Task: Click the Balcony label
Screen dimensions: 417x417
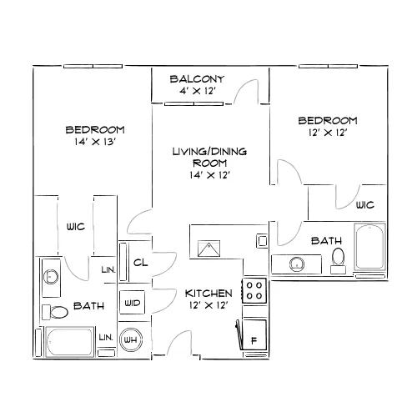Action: [197, 79]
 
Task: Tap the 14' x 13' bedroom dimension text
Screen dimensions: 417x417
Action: [94, 142]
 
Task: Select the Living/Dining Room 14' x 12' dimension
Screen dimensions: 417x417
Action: [209, 175]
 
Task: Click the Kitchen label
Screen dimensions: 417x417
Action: [208, 294]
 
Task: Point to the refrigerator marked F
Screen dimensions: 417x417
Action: [254, 334]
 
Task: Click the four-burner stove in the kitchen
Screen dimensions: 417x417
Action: [254, 290]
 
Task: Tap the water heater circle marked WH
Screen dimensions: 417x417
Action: [131, 339]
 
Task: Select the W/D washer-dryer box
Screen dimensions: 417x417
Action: [132, 303]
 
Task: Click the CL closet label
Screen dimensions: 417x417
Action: [140, 263]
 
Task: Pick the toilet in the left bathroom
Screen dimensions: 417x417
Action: [55, 312]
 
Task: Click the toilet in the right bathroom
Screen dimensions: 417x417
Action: [338, 260]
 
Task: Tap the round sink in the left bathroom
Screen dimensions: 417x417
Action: [51, 277]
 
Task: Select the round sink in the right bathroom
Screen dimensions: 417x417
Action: [297, 264]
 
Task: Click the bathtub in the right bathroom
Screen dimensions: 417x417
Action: [369, 247]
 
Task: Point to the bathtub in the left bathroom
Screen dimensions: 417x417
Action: [69, 342]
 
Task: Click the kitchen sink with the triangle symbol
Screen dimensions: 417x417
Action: [208, 249]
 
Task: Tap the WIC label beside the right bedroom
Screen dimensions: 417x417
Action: [365, 205]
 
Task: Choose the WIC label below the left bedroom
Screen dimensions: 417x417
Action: [76, 227]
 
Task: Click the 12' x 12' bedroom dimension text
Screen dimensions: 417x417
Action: [328, 133]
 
